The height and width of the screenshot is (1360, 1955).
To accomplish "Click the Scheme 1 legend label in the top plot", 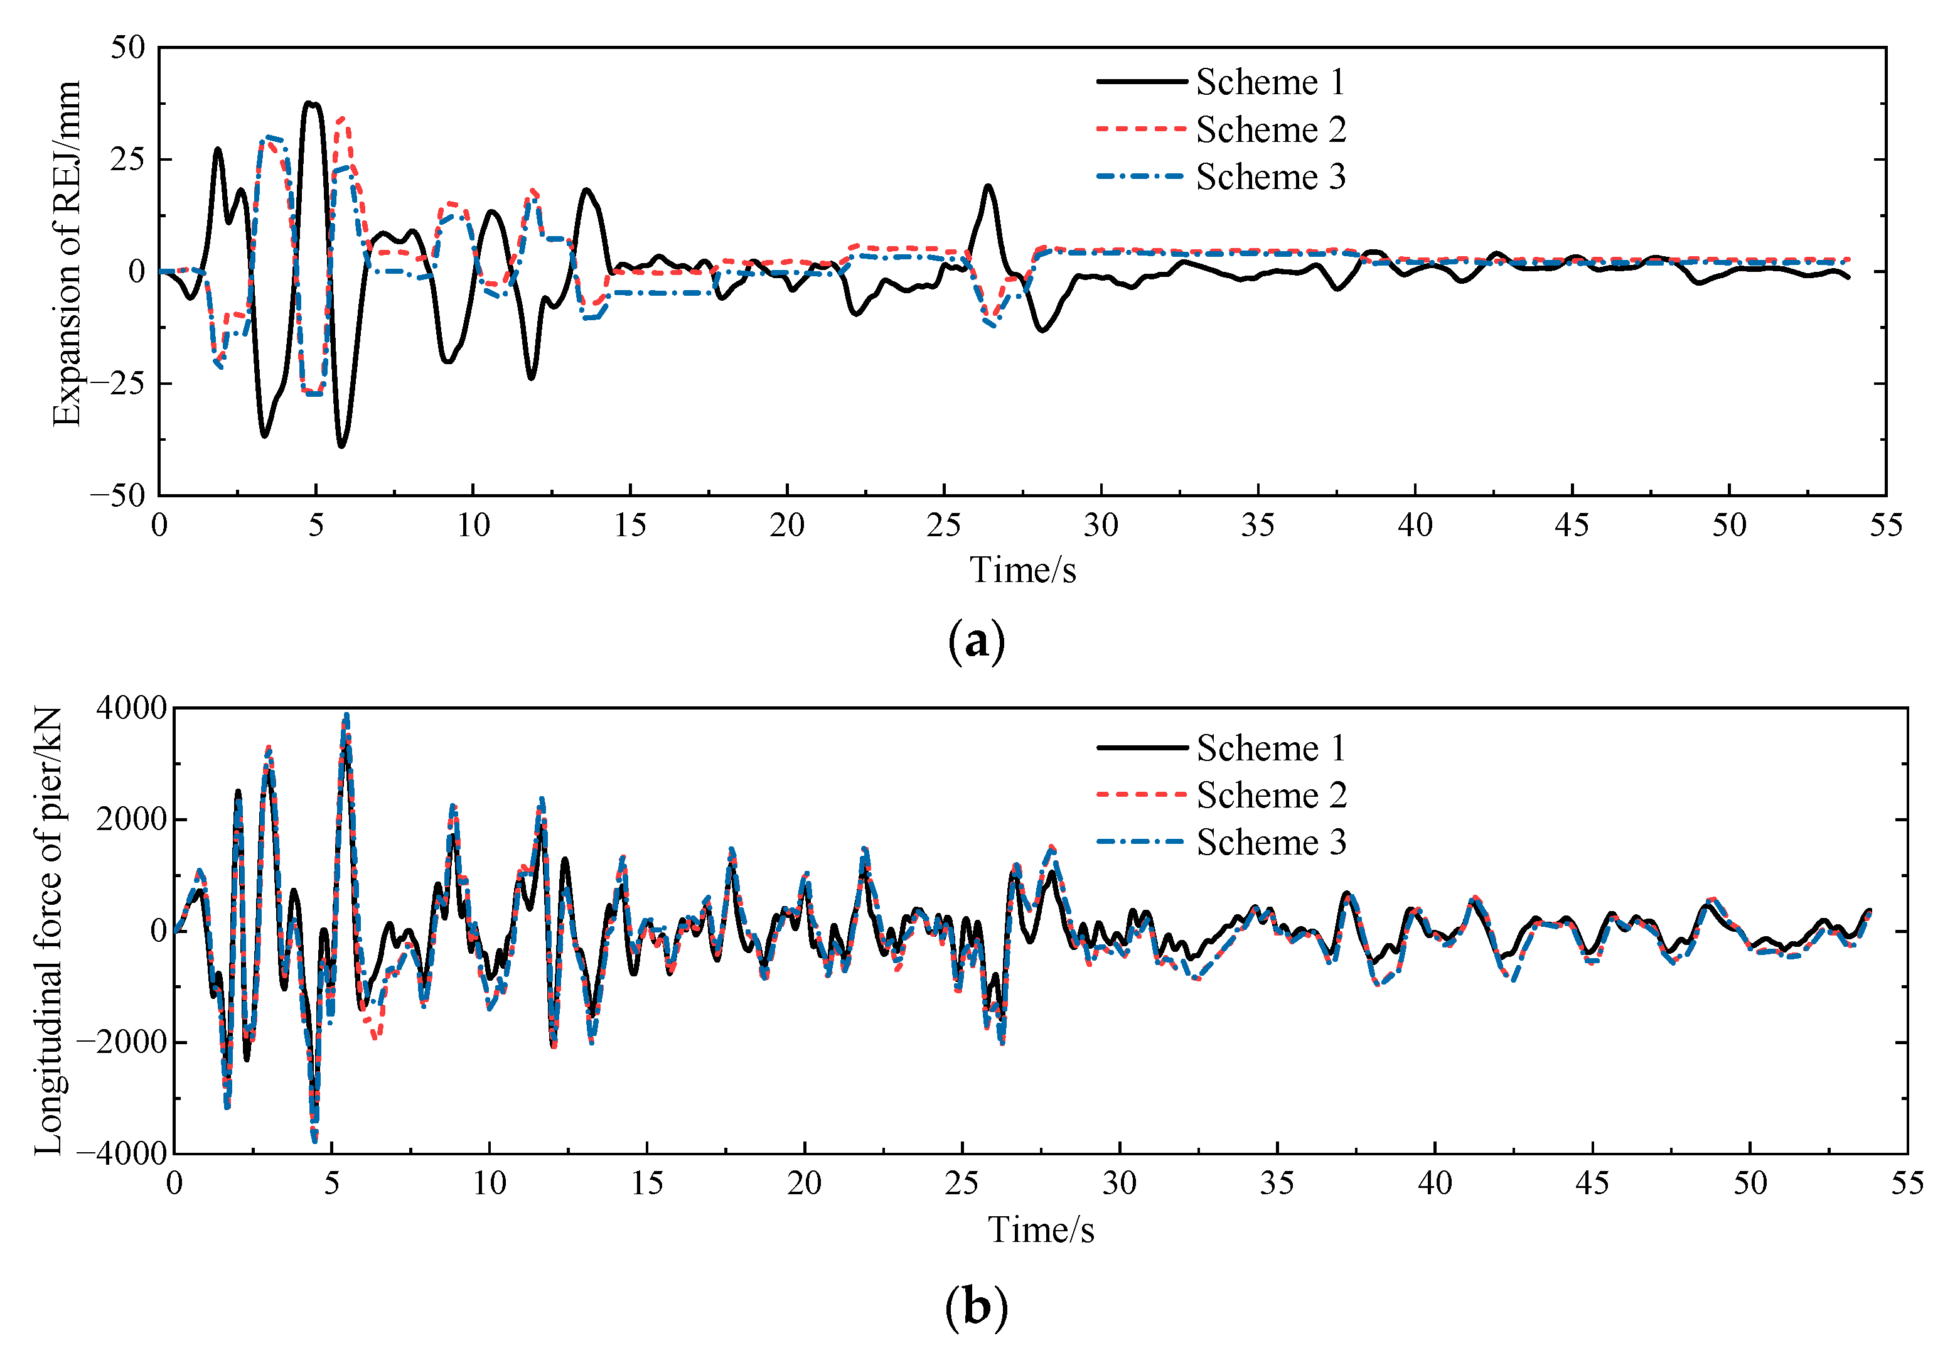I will [1270, 83].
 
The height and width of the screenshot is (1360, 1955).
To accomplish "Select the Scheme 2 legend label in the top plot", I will [1270, 131].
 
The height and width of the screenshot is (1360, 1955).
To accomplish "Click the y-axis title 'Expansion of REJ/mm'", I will [67, 253].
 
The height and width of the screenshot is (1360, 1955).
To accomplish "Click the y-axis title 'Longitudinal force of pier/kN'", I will [50, 931].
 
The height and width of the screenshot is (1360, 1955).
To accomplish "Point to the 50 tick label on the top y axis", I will [128, 48].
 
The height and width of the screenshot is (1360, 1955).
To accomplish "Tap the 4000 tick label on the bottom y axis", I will [131, 708].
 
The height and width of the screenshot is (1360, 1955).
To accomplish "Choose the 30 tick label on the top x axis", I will [1100, 526].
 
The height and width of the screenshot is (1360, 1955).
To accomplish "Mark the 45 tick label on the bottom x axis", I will [1592, 1184].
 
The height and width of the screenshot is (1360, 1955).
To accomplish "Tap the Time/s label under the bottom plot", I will [1041, 1229].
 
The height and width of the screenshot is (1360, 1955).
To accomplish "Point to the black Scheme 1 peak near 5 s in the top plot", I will [312, 103].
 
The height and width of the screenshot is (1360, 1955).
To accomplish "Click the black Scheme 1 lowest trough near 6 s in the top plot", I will [341, 445].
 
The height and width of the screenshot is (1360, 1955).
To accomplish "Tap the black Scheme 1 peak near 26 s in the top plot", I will [988, 186].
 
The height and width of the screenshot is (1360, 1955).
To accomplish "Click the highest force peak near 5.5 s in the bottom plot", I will [346, 715].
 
